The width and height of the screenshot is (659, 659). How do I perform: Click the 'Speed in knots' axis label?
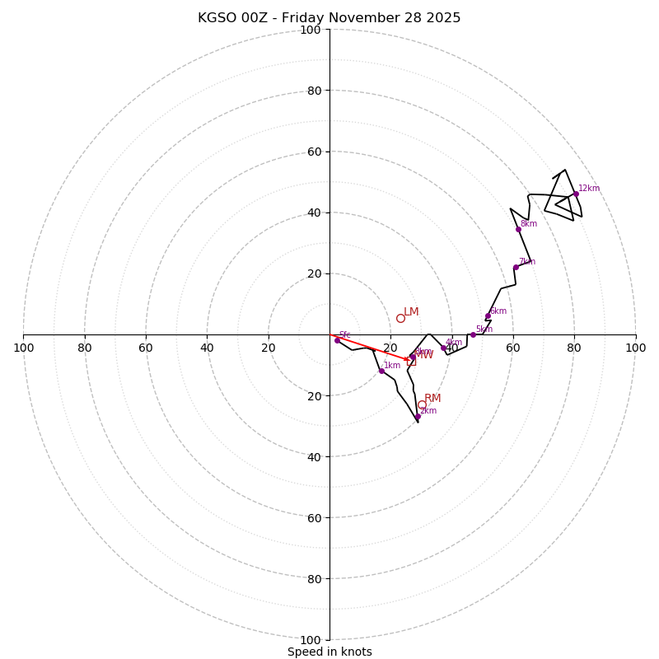tap(329, 652)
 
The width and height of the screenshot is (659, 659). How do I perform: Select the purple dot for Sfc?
tap(337, 340)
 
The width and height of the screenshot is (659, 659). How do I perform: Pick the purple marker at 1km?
tap(381, 371)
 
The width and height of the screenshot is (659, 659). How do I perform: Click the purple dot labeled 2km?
tap(418, 416)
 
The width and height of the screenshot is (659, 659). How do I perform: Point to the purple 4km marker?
tap(443, 348)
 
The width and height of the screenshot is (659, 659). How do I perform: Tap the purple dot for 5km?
tap(473, 334)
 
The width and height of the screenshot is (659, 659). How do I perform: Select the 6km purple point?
tap(488, 316)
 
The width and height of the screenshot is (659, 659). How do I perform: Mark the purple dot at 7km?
tap(516, 267)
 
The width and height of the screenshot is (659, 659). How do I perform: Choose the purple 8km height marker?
tap(518, 229)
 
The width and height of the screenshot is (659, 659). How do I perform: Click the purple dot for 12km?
tap(576, 194)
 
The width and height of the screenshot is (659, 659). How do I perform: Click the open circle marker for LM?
tap(400, 318)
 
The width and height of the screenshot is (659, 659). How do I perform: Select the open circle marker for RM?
tap(422, 404)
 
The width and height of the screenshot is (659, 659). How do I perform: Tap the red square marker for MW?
tap(412, 361)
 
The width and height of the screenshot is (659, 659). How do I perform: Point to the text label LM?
tap(411, 312)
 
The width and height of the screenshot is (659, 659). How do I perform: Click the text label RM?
tap(432, 399)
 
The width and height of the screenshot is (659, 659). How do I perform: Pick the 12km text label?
tap(589, 189)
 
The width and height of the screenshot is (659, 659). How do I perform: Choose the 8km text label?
tap(528, 223)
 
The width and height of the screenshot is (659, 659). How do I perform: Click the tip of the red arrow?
tap(409, 359)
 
